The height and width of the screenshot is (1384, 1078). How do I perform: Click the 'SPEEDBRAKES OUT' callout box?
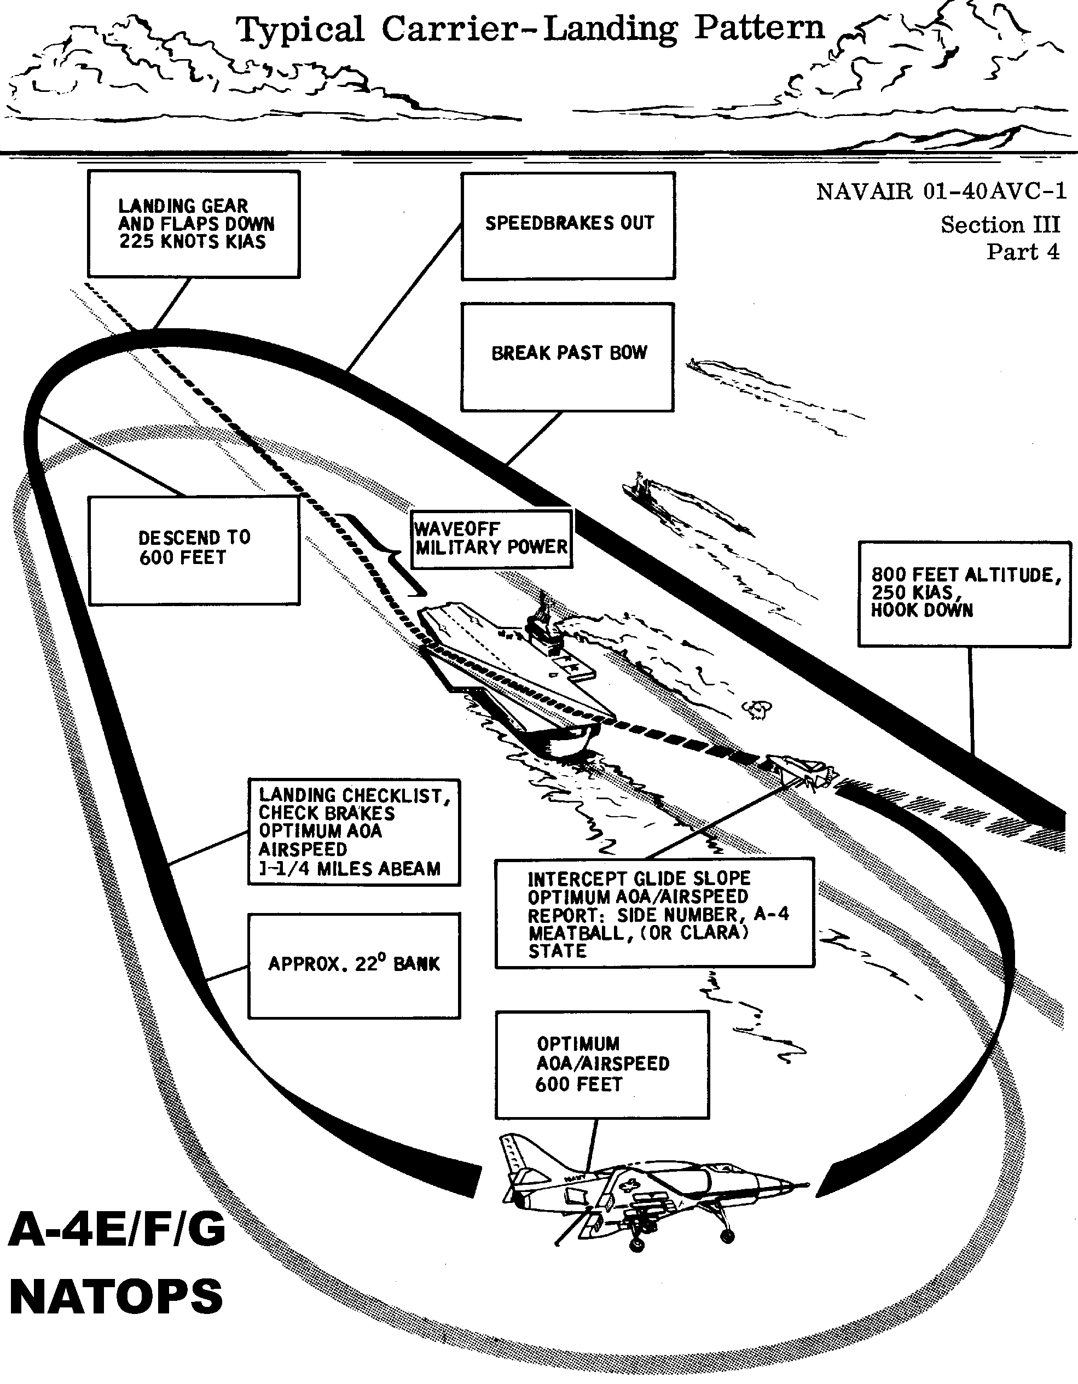point(568,225)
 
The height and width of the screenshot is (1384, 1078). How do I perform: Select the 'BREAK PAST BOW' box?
point(567,357)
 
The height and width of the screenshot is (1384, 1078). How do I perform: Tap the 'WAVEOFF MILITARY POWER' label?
point(491,539)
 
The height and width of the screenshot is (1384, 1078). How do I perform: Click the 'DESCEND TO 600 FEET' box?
point(194,550)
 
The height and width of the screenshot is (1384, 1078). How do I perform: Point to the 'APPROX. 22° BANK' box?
point(353,965)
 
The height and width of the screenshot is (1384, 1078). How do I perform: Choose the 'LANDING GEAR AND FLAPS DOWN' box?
point(193,224)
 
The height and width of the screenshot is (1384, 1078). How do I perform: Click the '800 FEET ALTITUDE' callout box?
point(964,593)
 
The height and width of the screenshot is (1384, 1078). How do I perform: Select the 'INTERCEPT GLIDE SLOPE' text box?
point(654,913)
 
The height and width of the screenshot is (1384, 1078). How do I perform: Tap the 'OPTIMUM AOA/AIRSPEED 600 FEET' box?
point(602,1064)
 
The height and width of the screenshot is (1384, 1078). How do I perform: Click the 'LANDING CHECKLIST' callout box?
point(353,831)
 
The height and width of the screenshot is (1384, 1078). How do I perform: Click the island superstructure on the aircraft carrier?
point(544,627)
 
